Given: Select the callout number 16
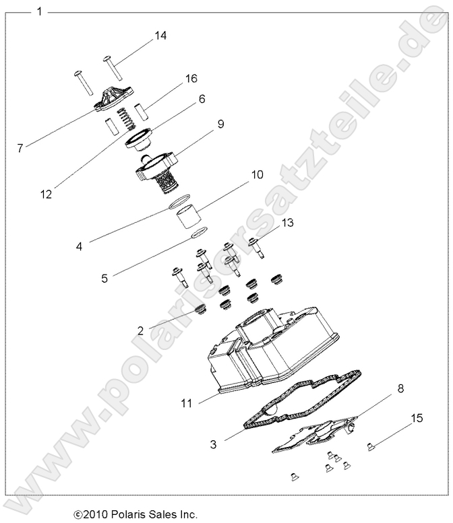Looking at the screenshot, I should (x=191, y=79).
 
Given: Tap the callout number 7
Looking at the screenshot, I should (x=20, y=148).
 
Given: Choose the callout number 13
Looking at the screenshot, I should (x=287, y=222).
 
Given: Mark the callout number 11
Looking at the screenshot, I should (x=186, y=403).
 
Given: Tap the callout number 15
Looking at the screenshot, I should (x=417, y=418).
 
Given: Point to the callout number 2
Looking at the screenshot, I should (x=140, y=330).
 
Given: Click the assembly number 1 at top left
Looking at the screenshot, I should (x=40, y=11).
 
